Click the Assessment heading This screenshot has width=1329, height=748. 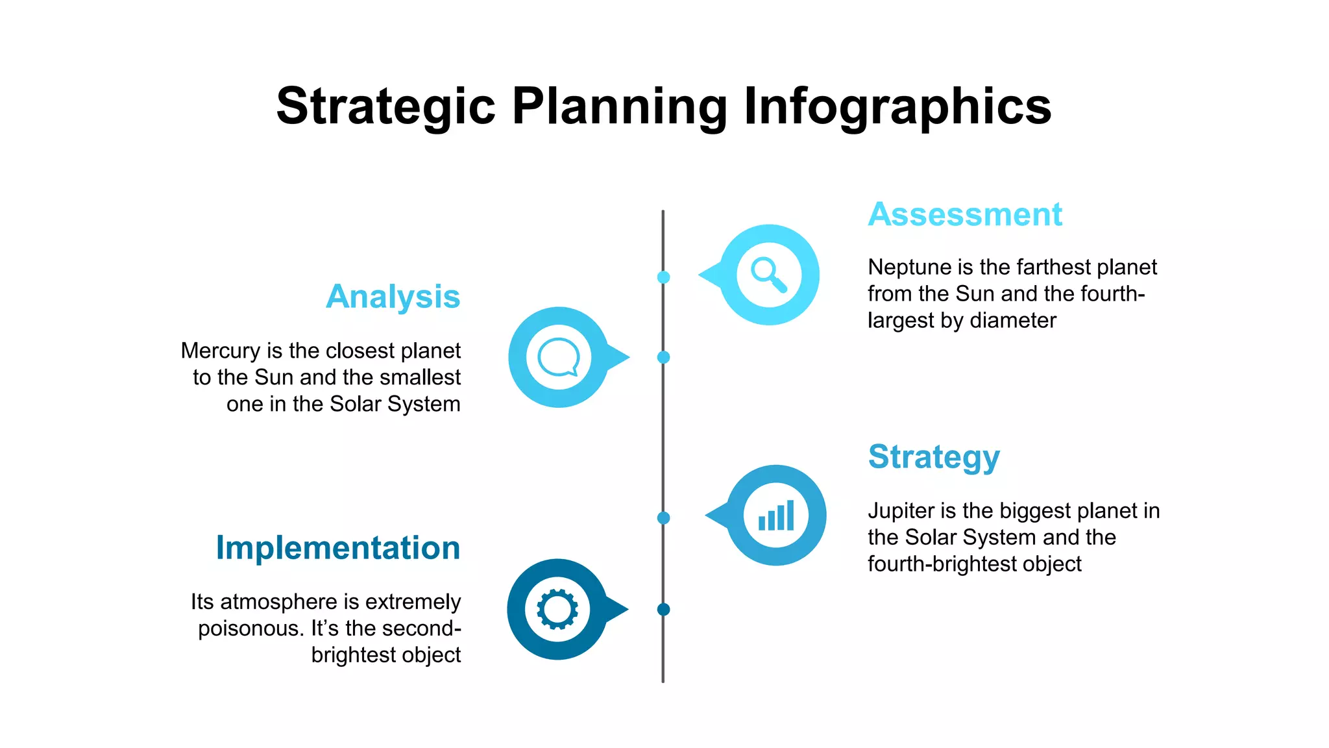pos(964,214)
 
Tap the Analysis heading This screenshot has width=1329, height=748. pos(393,297)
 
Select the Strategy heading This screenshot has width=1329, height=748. pos(933,457)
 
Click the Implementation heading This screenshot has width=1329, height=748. pos(337,547)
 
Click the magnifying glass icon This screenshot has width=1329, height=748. pos(769,275)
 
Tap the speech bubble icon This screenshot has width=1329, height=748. pos(558,357)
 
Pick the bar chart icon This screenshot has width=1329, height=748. pos(776,516)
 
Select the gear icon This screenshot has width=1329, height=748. pos(557,609)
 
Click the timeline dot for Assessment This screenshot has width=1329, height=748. pos(663,277)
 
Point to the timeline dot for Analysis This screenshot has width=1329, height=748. pos(663,357)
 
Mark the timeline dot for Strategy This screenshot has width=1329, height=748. pos(663,517)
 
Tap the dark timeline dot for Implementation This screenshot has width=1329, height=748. pos(663,609)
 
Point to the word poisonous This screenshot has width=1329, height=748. pos(250,629)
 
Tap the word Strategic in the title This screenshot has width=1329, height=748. pos(385,106)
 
